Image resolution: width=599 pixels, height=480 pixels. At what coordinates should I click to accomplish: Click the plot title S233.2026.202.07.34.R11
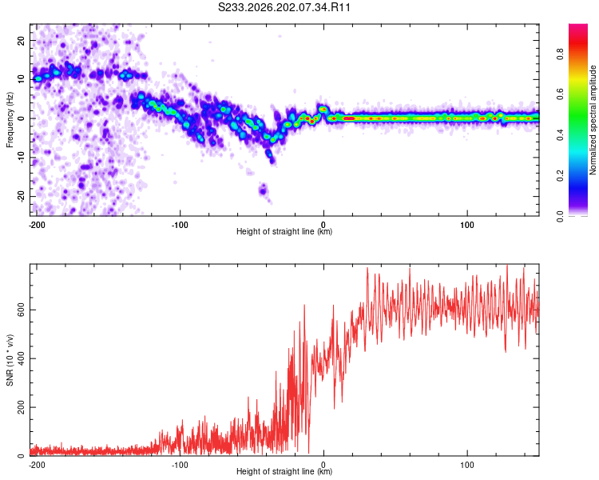click(284, 7)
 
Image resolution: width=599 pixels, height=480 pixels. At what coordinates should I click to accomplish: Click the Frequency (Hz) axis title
click(10, 120)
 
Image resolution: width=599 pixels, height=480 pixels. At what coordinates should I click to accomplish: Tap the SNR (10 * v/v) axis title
click(10, 360)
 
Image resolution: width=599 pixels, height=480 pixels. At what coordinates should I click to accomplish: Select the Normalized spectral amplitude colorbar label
click(593, 120)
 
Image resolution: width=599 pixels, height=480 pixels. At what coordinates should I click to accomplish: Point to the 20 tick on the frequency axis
click(21, 40)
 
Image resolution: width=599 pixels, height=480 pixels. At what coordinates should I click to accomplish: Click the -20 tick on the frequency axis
click(21, 196)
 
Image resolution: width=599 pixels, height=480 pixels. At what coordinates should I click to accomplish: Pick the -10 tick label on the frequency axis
click(21, 158)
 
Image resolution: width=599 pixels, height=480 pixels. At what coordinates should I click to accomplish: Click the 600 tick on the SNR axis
click(21, 310)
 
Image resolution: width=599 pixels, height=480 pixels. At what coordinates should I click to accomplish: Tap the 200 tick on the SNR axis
click(21, 407)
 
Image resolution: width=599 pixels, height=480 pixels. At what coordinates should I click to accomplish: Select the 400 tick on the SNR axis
click(21, 358)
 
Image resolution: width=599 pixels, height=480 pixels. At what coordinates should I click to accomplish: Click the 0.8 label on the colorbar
click(560, 54)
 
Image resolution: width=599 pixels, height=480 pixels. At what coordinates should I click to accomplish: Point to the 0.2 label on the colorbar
click(560, 176)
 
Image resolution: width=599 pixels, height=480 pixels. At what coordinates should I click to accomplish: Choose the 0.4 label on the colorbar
click(560, 135)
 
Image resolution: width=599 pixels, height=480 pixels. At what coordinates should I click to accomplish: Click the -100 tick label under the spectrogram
click(180, 225)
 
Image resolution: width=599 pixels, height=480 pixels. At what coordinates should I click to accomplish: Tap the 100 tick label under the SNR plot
click(467, 465)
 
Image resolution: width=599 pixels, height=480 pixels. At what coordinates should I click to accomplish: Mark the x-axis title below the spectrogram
click(284, 231)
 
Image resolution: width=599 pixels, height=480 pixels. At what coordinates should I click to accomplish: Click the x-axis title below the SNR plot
click(284, 471)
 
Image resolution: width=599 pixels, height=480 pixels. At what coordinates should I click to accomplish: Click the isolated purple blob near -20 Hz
click(263, 190)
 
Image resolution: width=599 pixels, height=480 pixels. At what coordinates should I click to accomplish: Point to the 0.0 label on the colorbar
click(560, 216)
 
